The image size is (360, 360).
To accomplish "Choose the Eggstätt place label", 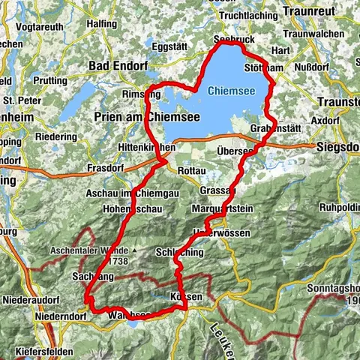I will pos(169,46).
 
